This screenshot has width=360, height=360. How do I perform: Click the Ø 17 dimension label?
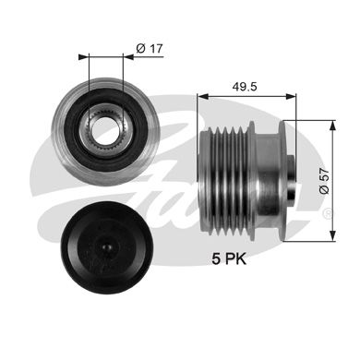(149, 49)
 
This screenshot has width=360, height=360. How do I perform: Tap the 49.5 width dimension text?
(245, 87)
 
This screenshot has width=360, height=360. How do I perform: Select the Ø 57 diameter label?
(324, 181)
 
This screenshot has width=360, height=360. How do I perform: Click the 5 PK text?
(229, 258)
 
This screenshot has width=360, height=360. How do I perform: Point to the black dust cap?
(107, 248)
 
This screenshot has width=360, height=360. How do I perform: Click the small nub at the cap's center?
(107, 247)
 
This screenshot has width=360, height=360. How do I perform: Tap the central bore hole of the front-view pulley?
(105, 131)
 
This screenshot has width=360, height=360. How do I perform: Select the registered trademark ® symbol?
(328, 213)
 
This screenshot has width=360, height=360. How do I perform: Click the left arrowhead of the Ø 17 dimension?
(83, 57)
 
